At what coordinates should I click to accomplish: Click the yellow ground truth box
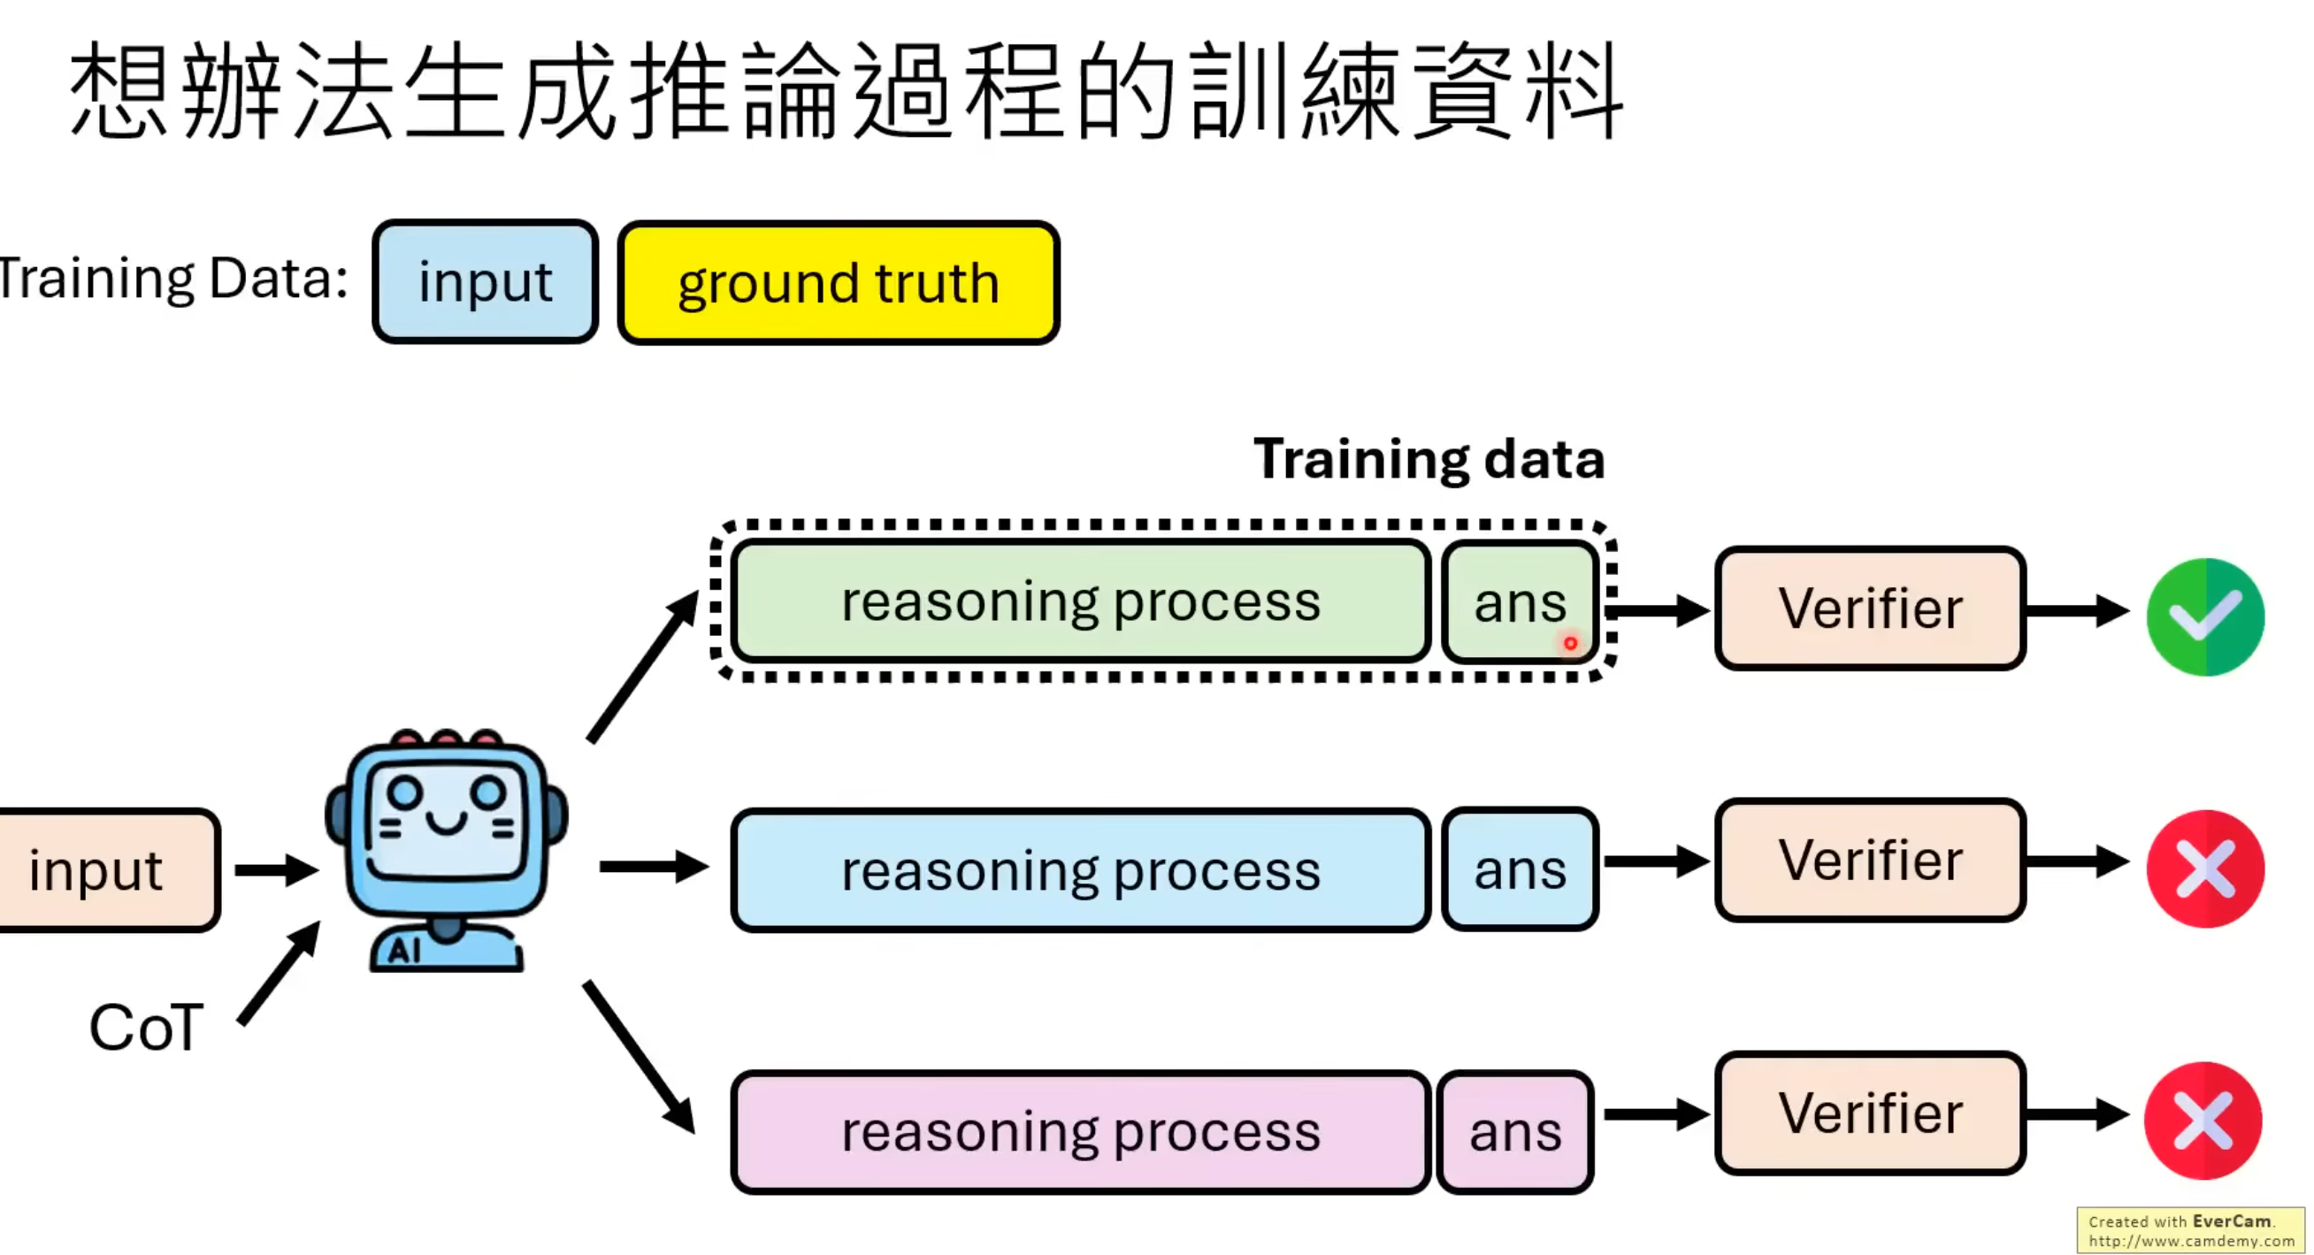[838, 282]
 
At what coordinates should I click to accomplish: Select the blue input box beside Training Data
[485, 281]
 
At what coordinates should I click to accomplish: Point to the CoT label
[147, 1027]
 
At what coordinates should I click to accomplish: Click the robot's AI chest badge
[404, 950]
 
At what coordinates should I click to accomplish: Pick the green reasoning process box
[1081, 602]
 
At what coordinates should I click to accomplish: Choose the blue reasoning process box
[1081, 869]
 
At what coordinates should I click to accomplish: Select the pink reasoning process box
[1081, 1131]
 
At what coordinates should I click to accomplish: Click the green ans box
[1520, 602]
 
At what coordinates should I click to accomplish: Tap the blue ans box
[1520, 869]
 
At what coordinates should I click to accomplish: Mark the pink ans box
[1515, 1131]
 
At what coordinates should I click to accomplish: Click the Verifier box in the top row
[1870, 608]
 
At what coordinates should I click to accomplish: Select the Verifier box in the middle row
[1870, 860]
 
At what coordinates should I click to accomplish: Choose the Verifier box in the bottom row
[1870, 1113]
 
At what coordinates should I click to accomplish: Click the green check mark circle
[2204, 617]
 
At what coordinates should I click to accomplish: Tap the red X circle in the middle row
[2204, 869]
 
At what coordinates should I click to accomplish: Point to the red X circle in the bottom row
[2203, 1121]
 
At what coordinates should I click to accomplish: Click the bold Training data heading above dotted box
[1429, 459]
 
